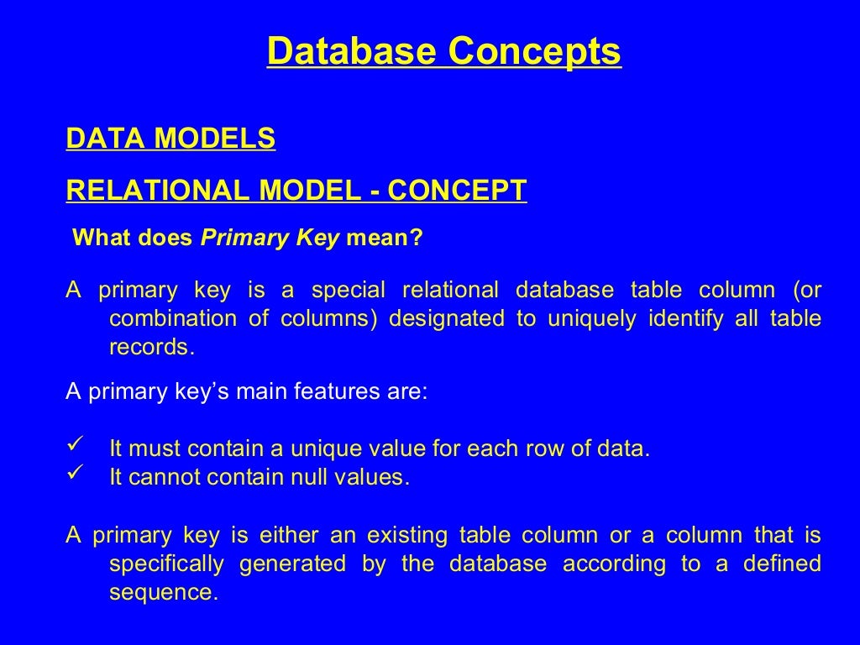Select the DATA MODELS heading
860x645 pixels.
(170, 139)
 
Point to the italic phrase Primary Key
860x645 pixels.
(270, 239)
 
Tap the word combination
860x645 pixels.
(172, 319)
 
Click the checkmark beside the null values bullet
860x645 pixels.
(72, 475)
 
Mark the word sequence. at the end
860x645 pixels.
(164, 593)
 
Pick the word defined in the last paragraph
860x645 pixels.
(782, 564)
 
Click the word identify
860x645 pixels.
(679, 319)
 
